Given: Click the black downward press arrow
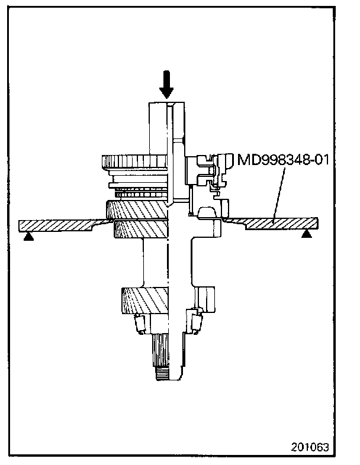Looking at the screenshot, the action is tap(166, 85).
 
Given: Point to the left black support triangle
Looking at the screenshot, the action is tap(27, 235).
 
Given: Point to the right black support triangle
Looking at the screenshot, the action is tap(306, 235).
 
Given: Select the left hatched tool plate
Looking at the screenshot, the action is tap(56, 225).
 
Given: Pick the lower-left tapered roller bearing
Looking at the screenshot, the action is tap(141, 324).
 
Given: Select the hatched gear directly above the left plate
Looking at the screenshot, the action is tap(137, 209).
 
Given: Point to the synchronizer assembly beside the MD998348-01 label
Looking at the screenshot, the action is tap(207, 175).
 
